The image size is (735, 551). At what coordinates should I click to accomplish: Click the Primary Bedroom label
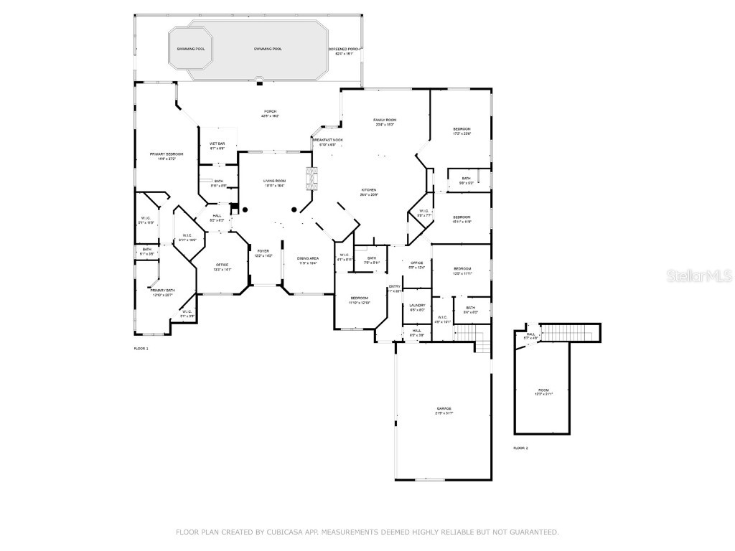click(167, 154)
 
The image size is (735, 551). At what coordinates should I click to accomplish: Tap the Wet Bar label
click(217, 144)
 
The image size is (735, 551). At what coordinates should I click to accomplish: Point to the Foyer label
click(263, 251)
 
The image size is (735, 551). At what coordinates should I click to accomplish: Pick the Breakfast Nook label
click(327, 141)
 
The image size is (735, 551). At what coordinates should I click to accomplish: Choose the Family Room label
click(385, 120)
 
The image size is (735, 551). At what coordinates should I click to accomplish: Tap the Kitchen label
click(369, 190)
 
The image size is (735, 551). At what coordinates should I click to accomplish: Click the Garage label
click(444, 409)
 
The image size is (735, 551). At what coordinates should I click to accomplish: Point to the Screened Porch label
click(344, 50)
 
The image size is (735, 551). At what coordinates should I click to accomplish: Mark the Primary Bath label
click(162, 291)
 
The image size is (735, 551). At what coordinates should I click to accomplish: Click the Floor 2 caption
click(520, 448)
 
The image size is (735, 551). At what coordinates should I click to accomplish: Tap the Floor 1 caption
click(141, 348)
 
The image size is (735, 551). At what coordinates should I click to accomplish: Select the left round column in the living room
click(245, 209)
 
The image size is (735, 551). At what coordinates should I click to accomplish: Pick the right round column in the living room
click(294, 209)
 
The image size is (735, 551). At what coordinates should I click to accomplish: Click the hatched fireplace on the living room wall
click(310, 178)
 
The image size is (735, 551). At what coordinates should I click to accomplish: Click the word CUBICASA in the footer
click(274, 532)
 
